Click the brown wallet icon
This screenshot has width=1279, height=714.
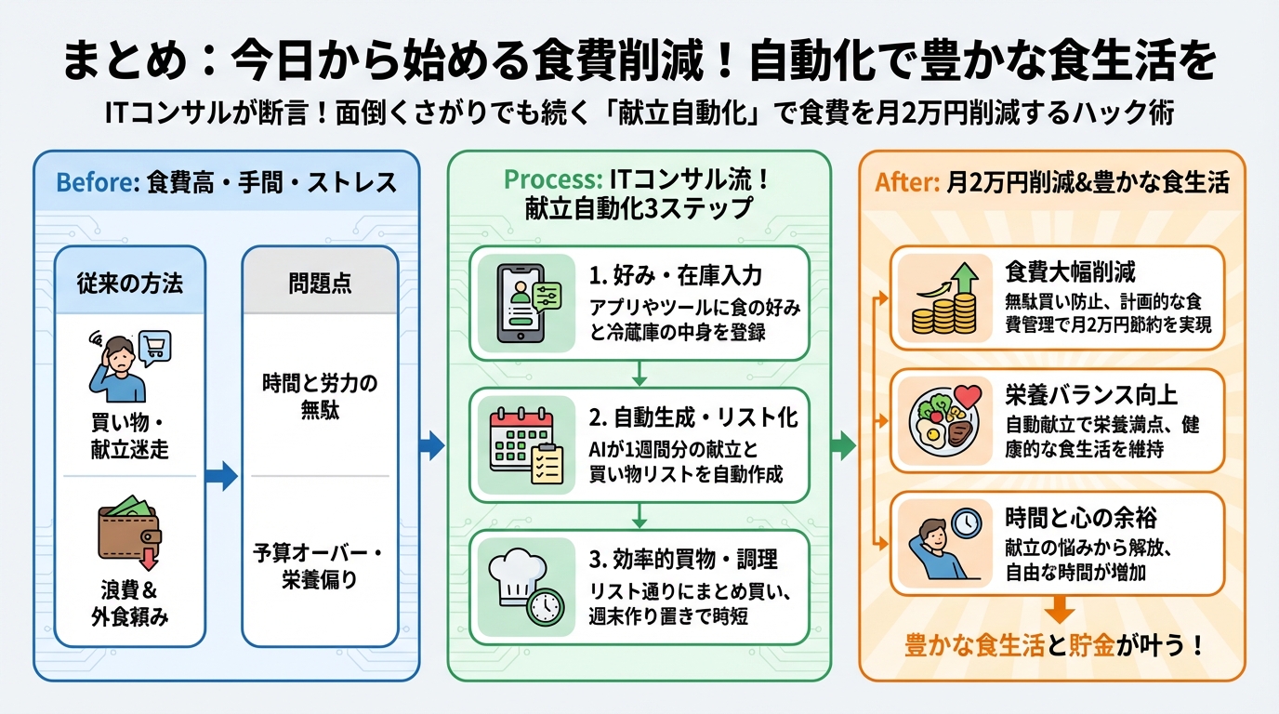click(129, 533)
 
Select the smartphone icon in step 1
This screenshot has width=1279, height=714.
click(519, 302)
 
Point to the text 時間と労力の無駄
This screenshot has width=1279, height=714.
click(320, 397)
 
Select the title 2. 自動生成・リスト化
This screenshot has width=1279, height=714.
click(693, 417)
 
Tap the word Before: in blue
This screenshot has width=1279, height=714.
click(98, 181)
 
